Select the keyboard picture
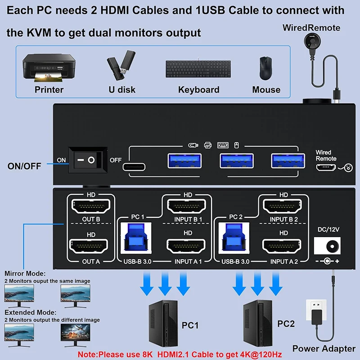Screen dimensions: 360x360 (198, 70)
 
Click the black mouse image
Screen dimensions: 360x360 (266, 68)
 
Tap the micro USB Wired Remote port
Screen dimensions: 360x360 (326, 167)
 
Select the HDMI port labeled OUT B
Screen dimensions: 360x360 (91, 207)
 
